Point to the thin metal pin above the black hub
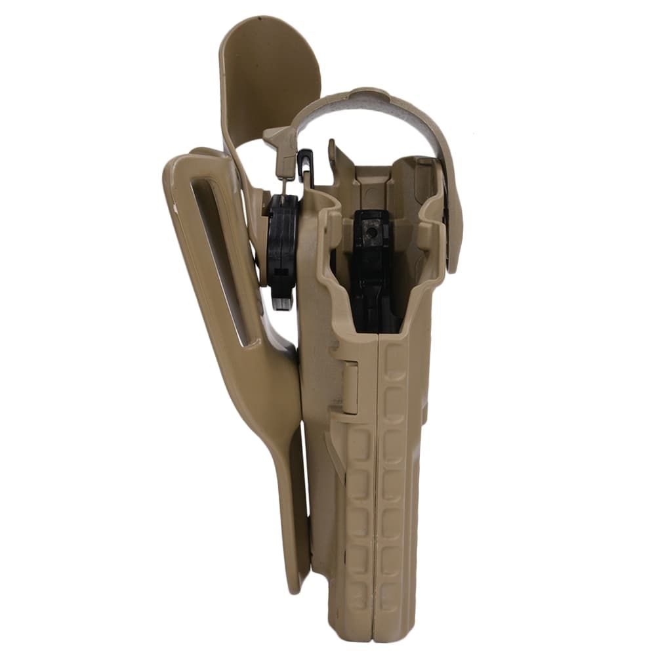[284, 184]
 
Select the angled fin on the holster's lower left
[335, 453]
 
